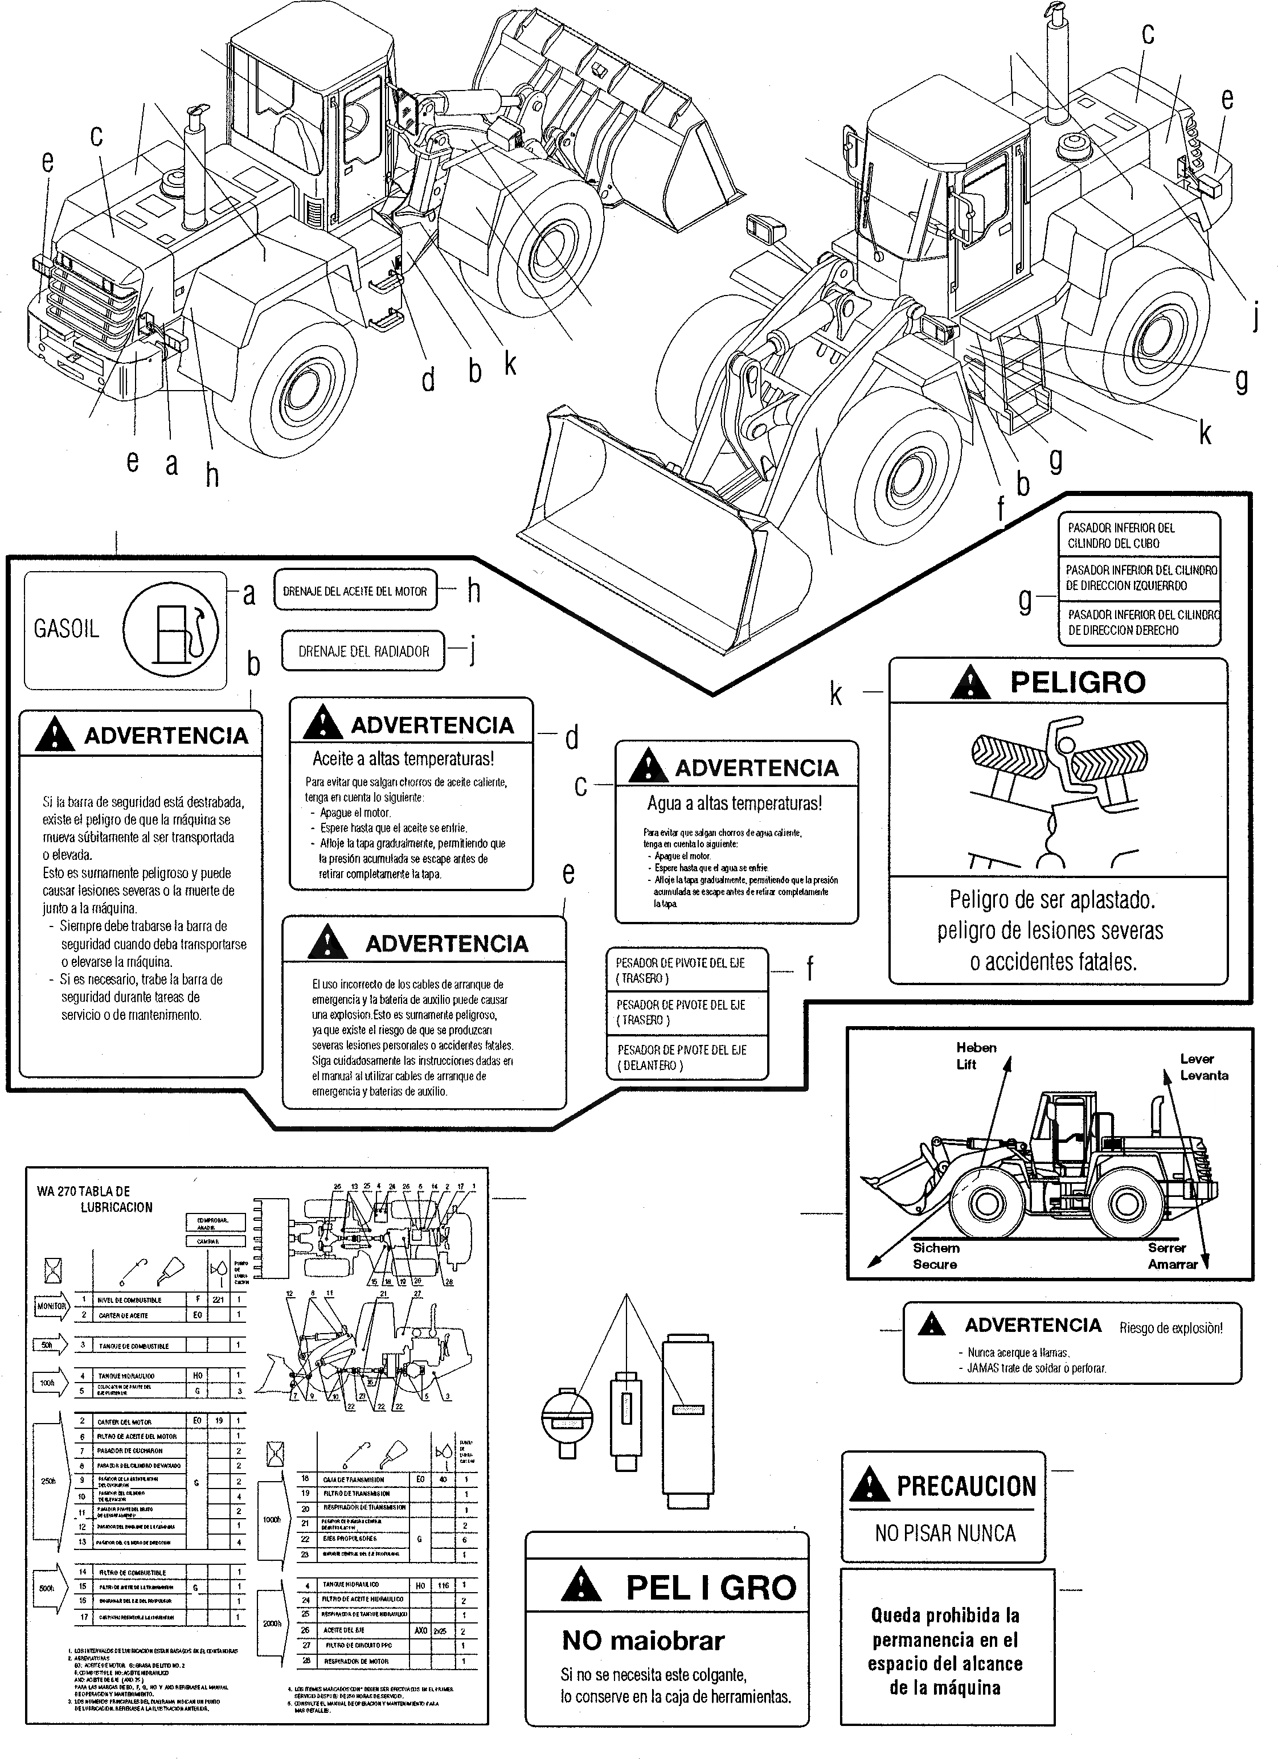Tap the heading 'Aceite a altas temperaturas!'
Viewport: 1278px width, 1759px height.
(403, 758)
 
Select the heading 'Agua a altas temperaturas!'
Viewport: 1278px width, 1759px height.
(734, 803)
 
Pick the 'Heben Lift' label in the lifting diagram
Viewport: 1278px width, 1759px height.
(975, 1056)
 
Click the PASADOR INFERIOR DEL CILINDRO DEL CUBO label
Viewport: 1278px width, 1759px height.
(1121, 535)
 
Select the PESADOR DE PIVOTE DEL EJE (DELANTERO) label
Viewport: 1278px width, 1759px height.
(682, 1057)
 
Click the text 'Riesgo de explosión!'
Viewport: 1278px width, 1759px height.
(1170, 1328)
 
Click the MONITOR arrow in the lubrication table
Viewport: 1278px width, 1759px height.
(51, 1306)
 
